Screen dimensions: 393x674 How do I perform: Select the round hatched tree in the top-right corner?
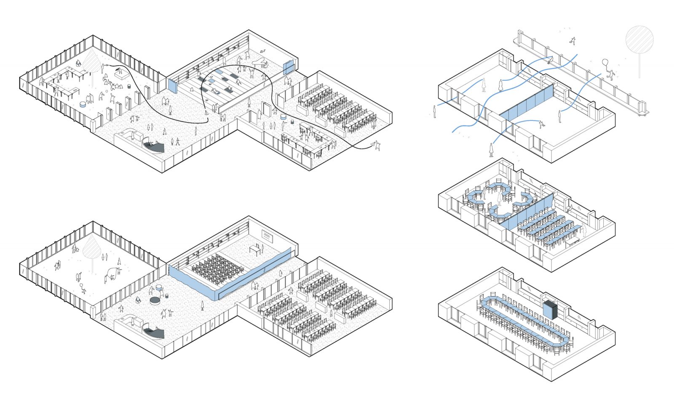click(x=639, y=40)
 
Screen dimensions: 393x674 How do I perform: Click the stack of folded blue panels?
click(x=549, y=310)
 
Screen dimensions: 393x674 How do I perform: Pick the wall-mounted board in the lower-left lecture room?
click(x=268, y=236)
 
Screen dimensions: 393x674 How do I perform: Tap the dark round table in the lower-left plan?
click(x=155, y=300)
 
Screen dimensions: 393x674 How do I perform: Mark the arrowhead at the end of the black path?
click(x=374, y=145)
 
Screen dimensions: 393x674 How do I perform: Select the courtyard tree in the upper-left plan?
click(x=92, y=63)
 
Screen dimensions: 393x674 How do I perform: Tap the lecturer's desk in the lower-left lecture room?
click(x=255, y=249)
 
